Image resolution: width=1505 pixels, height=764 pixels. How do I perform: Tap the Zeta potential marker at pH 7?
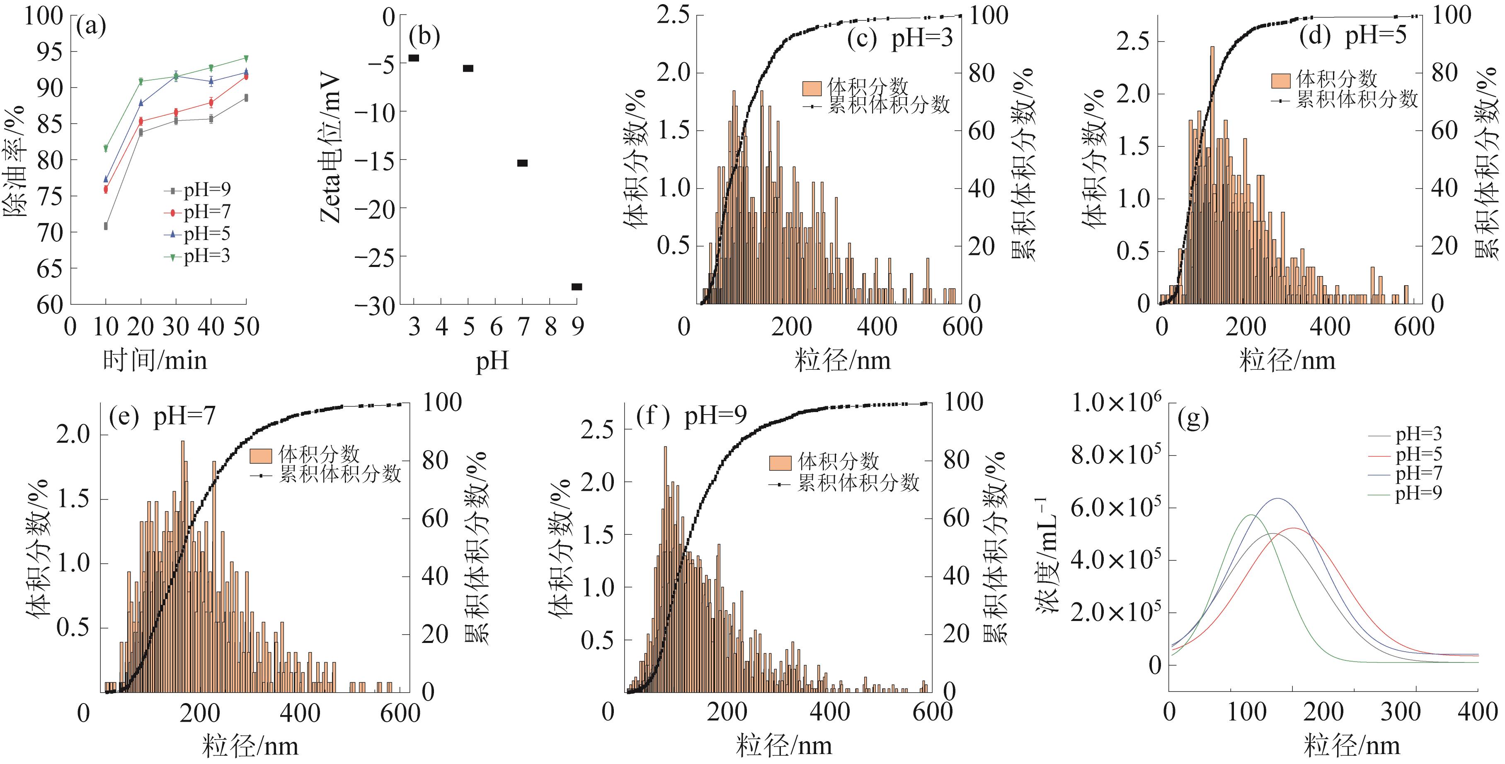522,163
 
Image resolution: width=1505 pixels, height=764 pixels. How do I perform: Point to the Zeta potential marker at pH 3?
414,58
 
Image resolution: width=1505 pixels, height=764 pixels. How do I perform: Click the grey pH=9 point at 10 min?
106,226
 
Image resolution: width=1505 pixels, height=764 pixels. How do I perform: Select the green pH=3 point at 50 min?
246,58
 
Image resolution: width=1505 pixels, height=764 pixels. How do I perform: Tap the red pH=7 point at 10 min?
106,189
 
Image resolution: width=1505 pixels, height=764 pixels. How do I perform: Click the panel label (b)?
424,36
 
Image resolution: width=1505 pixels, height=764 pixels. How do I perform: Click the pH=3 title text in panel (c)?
921,39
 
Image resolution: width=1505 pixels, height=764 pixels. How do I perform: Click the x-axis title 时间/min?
155,360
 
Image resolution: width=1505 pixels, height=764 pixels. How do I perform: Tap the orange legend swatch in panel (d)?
1281,80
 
